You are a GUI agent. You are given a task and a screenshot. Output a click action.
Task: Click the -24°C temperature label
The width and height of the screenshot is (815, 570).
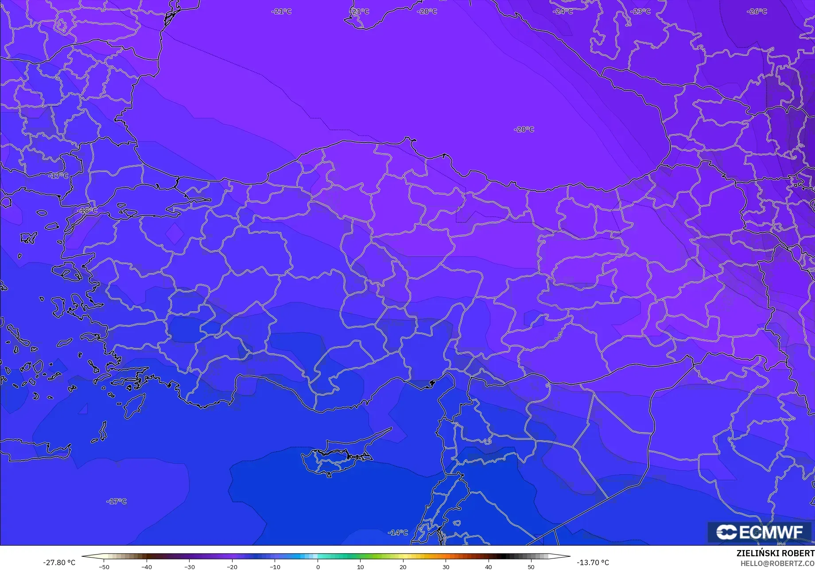coord(563,12)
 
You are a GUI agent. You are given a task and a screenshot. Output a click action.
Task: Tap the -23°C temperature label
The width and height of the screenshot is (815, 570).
coord(640,12)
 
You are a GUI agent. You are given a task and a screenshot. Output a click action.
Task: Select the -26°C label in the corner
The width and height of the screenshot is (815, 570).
coord(757,12)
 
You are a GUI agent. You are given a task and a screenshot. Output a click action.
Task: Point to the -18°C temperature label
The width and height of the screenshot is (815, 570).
coord(88,210)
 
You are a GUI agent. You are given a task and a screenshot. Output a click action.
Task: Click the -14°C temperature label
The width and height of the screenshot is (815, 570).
coord(398,532)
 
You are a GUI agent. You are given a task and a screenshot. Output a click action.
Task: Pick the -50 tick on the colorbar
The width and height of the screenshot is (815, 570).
coord(104,566)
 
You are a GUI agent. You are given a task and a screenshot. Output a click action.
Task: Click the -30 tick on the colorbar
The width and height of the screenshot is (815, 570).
coord(190,566)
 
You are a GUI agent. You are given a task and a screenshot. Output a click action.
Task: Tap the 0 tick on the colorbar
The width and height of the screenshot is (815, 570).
coord(318,566)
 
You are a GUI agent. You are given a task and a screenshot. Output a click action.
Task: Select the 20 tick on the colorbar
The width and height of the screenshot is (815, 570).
coord(403,566)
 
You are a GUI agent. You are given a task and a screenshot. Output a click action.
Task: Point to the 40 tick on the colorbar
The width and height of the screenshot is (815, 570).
coord(488,566)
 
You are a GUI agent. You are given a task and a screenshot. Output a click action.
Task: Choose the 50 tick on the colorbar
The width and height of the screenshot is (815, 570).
coord(531,566)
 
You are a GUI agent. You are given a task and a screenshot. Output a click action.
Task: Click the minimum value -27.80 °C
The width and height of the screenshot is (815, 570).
coord(59,562)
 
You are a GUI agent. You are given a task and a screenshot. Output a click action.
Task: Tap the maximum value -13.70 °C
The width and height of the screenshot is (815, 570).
coord(593,562)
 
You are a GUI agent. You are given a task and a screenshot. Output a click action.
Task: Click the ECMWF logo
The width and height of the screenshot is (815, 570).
coord(760,532)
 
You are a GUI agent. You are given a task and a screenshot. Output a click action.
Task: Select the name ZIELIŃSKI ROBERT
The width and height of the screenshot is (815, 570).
coord(775,553)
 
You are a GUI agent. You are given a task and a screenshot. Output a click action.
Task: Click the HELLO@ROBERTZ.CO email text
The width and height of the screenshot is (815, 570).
coord(777,563)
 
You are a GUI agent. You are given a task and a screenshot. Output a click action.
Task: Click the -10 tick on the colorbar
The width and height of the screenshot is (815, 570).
coord(275,566)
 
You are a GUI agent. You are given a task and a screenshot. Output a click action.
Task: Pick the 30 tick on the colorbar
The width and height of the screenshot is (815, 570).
coord(446,566)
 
